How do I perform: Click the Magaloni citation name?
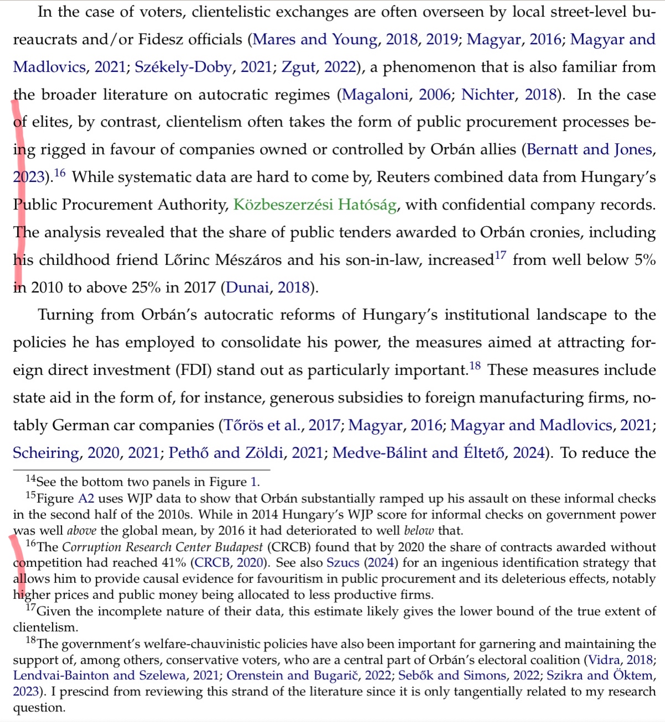[x=376, y=95]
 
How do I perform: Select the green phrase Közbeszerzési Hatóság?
[x=315, y=205]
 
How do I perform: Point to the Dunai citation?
[x=247, y=287]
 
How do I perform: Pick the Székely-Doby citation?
[x=183, y=67]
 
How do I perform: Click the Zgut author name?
[x=299, y=67]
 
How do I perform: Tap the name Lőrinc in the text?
[x=187, y=260]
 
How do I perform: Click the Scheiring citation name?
[x=46, y=453]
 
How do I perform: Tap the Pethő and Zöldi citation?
[x=226, y=453]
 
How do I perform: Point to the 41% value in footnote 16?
[x=173, y=563]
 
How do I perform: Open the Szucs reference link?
[x=342, y=563]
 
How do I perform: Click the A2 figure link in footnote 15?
[x=86, y=499]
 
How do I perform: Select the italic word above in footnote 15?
[x=81, y=531]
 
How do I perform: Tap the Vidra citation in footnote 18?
[x=604, y=660]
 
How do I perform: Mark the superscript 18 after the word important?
[x=475, y=366]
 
